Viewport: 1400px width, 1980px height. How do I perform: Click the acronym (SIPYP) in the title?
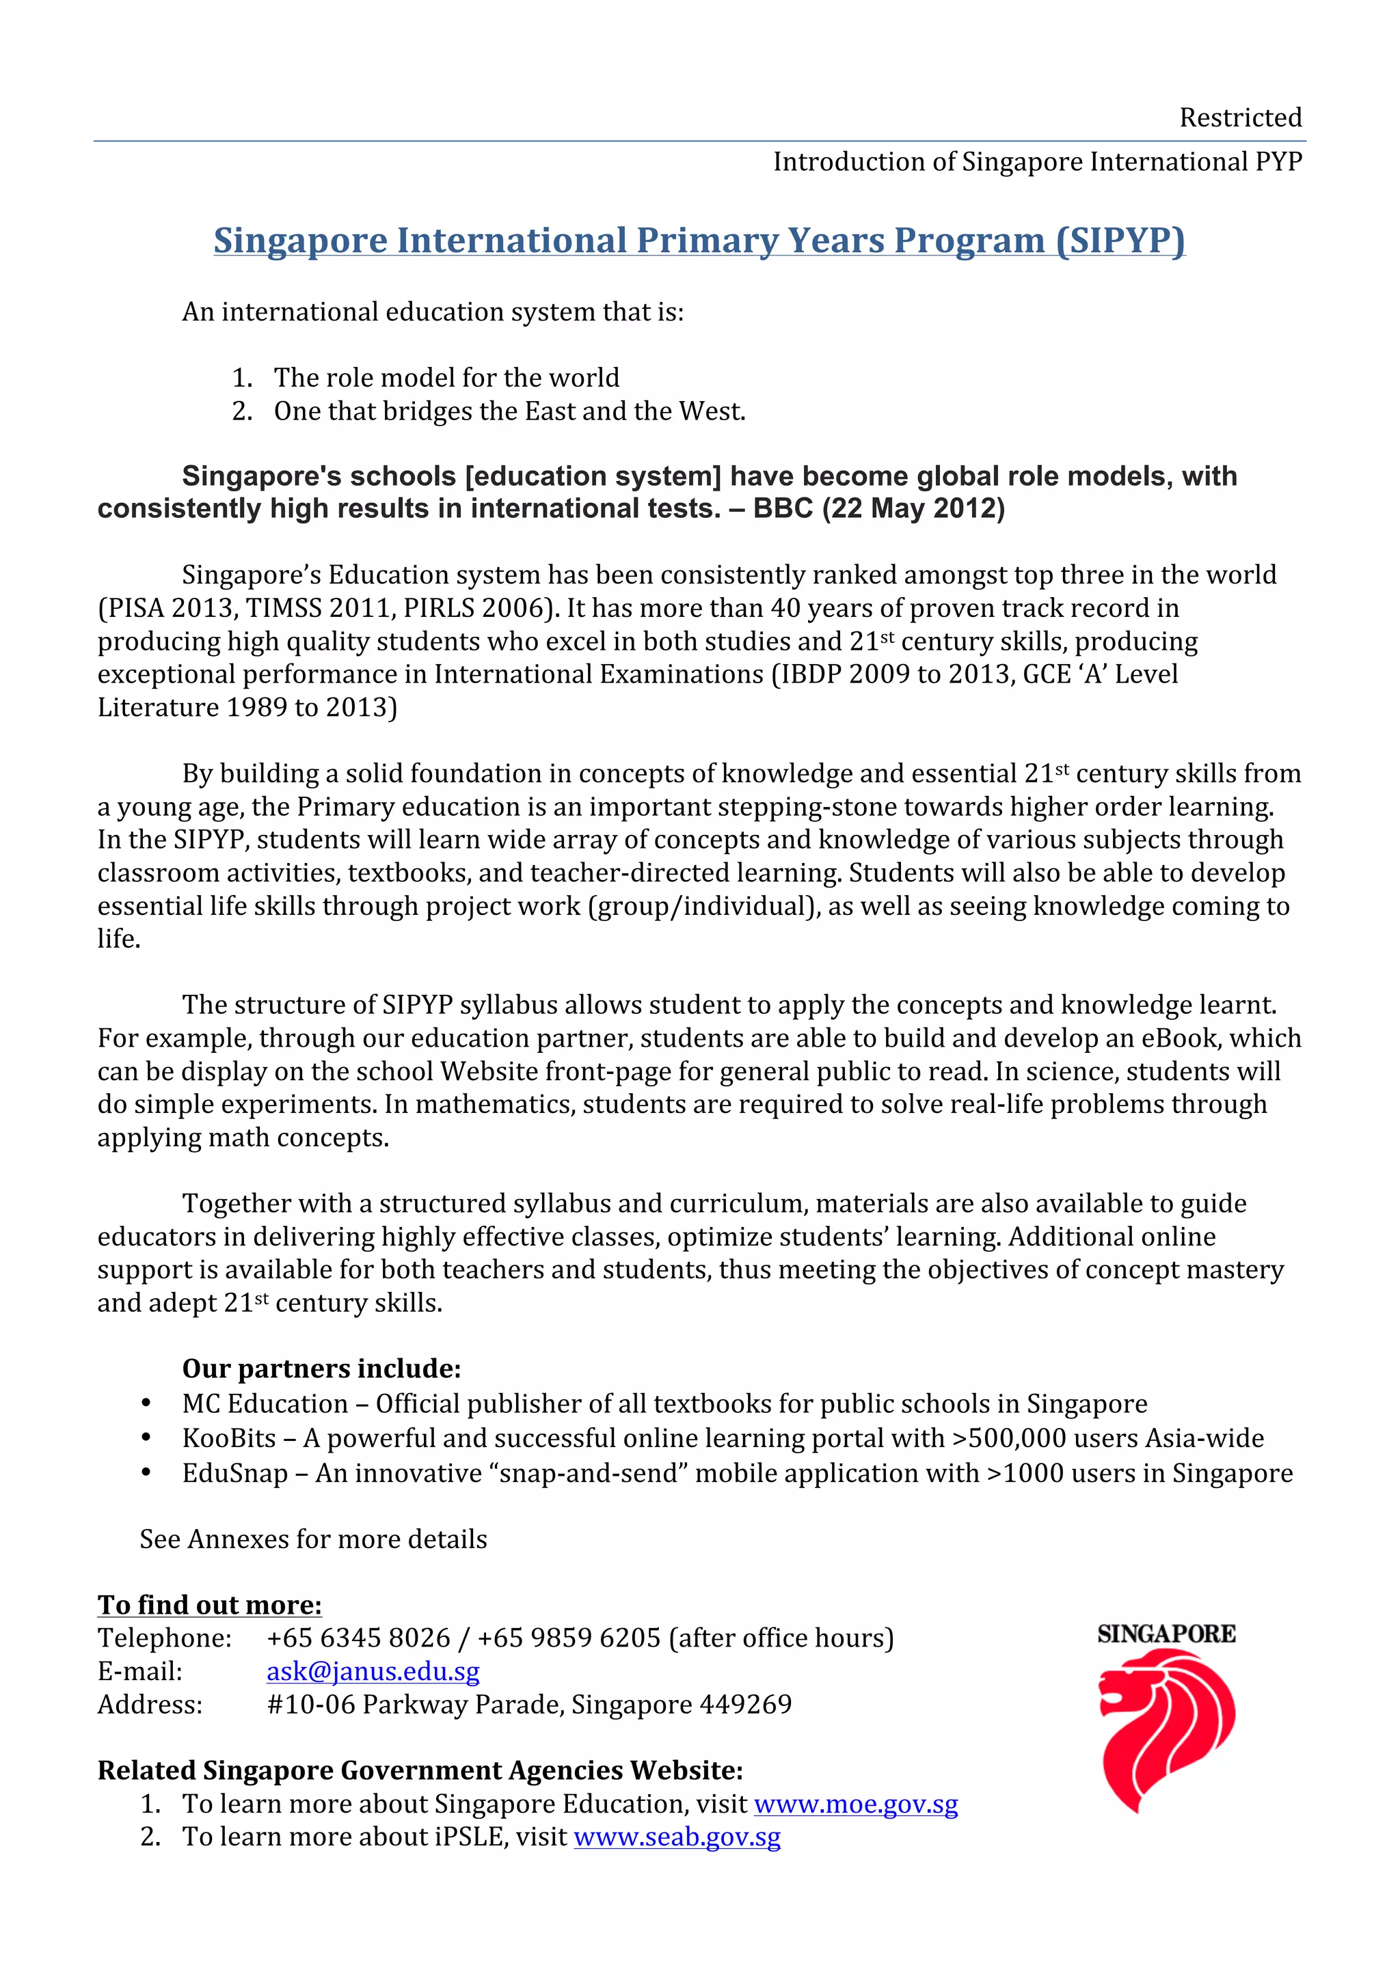pos(1120,240)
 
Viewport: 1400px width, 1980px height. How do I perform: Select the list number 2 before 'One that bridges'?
pos(241,411)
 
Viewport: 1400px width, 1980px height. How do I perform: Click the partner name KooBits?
pos(228,1438)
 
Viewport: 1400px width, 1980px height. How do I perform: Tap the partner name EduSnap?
pos(234,1473)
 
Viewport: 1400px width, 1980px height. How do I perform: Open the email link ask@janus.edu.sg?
pos(373,1671)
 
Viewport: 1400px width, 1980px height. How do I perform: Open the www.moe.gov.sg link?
pos(856,1804)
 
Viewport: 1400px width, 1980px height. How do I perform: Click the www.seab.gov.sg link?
pos(677,1837)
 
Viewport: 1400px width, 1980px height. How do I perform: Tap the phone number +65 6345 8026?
pos(358,1638)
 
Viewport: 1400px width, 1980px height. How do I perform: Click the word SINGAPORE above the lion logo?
pos(1166,1634)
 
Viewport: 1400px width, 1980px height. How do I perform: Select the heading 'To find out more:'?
pos(210,1605)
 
